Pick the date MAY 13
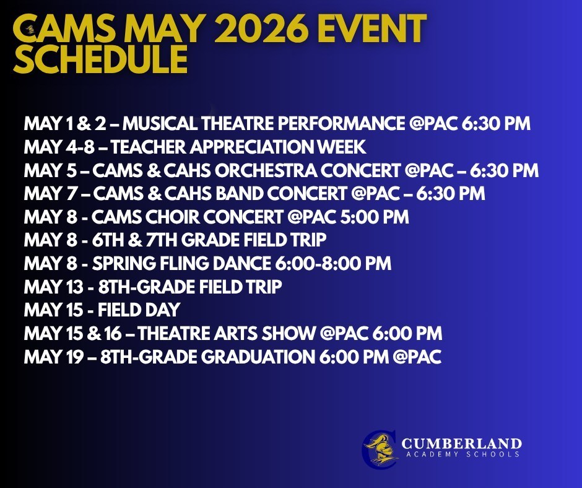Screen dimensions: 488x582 pyautogui.click(x=48, y=287)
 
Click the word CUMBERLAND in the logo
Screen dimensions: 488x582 pyautogui.click(x=461, y=443)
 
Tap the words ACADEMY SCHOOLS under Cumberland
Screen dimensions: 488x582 pyautogui.click(x=461, y=455)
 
